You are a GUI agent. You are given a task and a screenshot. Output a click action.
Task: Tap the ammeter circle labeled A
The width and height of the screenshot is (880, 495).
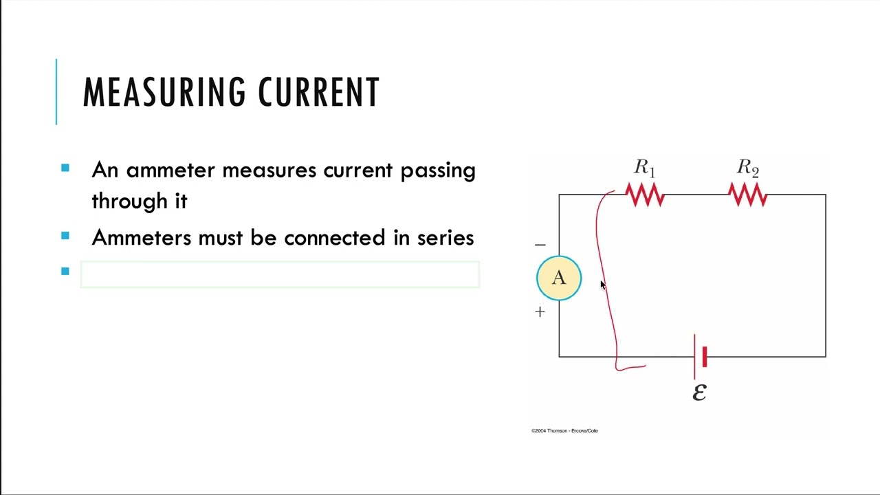[x=558, y=278]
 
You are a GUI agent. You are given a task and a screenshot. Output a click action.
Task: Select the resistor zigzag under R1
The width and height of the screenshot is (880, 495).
[x=645, y=196]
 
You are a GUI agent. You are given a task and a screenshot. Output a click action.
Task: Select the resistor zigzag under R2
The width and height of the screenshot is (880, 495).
[x=748, y=196]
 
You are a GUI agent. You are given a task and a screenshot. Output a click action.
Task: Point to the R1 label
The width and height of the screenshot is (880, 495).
[x=644, y=168]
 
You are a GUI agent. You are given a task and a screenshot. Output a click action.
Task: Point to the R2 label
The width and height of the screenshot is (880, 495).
[x=748, y=168]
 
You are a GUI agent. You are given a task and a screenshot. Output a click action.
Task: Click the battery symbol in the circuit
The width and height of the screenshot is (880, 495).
[x=700, y=356]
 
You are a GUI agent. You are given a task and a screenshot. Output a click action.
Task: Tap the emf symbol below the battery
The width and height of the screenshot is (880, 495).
[x=699, y=392]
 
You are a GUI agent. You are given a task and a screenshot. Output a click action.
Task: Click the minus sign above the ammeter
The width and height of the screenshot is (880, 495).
[x=540, y=245]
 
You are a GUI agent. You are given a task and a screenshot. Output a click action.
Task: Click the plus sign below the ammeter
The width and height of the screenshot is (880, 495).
[x=540, y=312]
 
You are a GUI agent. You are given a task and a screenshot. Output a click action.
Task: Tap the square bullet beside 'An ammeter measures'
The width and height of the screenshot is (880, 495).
[x=65, y=168]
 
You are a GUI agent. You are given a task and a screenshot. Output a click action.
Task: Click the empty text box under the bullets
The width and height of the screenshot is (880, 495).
[x=280, y=274]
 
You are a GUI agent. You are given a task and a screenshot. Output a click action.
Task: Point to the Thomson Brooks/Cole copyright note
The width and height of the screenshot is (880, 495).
[x=564, y=430]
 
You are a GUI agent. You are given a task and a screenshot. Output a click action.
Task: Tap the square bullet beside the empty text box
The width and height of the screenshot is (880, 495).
[x=65, y=272]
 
